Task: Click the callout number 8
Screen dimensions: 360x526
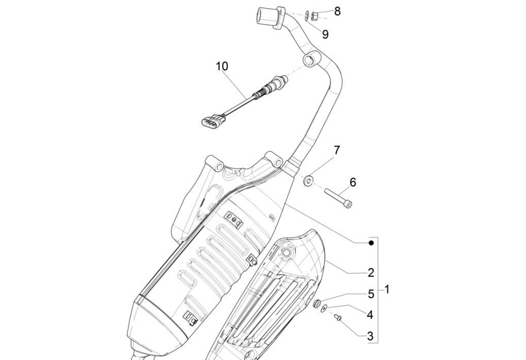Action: (x=337, y=11)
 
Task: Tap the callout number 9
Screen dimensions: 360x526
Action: (x=325, y=34)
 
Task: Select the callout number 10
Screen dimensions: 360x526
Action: (x=221, y=66)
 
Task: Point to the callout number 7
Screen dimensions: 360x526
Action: (x=337, y=151)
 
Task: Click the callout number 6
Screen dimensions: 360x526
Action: (x=352, y=182)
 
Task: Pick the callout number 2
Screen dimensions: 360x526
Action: (x=370, y=273)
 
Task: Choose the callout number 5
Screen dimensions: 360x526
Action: (x=370, y=294)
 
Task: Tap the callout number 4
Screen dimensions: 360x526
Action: (x=370, y=315)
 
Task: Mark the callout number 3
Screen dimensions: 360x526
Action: (x=370, y=336)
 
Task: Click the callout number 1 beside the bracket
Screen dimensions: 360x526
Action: (x=387, y=290)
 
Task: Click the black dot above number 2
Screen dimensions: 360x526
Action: (x=371, y=242)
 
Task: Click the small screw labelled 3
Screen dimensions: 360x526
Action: (x=338, y=318)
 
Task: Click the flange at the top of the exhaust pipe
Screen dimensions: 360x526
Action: (x=268, y=16)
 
